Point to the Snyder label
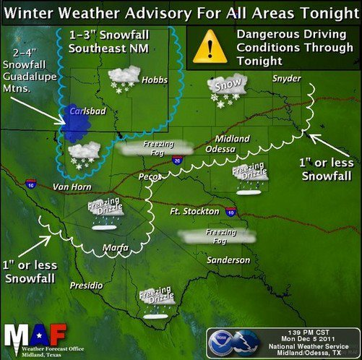[x=287, y=79]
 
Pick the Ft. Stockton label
[x=194, y=211]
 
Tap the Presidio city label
[x=86, y=286]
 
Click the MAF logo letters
[x=35, y=335]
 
